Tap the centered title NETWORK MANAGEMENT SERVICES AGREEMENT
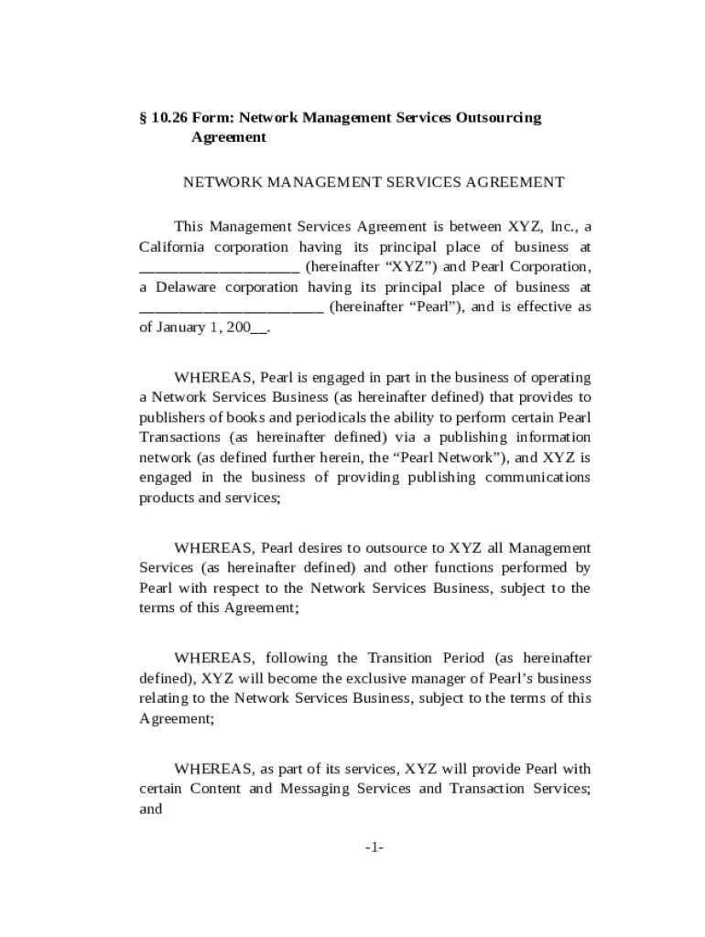374,182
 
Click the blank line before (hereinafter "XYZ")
219,268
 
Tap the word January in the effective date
181,328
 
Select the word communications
537,478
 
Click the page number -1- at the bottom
374,848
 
